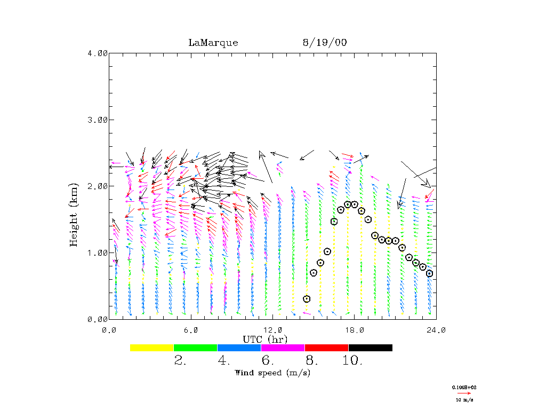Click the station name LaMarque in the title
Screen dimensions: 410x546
[213, 43]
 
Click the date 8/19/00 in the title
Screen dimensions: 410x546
[324, 43]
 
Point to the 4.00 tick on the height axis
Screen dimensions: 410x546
[97, 53]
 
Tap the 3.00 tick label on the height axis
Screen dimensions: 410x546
[97, 120]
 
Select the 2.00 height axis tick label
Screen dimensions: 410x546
[97, 186]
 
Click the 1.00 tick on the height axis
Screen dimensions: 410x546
[97, 253]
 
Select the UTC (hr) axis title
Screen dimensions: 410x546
[265, 339]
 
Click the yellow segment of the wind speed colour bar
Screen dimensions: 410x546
[152, 348]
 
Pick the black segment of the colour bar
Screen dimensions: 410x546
[370, 348]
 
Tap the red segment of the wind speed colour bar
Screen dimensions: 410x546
[326, 348]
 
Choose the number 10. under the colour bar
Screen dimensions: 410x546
[352, 361]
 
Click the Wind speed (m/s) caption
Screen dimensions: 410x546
[272, 373]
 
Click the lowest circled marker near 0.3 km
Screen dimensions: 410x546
[307, 299]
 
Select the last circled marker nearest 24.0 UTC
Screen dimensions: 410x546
[429, 273]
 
